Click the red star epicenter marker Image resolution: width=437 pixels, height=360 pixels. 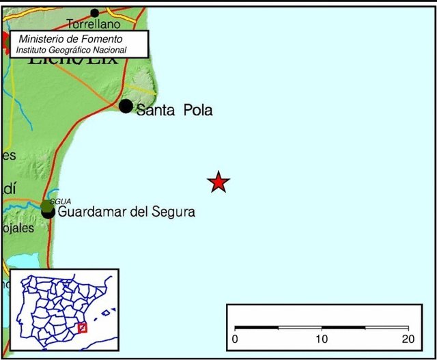pyautogui.click(x=218, y=182)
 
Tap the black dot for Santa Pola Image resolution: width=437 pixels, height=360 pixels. pyautogui.click(x=126, y=106)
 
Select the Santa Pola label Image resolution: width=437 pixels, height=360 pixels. pyautogui.click(x=174, y=110)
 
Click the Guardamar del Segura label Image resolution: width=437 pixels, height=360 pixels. pyautogui.click(x=126, y=212)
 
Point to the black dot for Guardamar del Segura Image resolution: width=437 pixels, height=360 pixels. pyautogui.click(x=48, y=212)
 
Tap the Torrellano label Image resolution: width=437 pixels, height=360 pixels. pyautogui.click(x=94, y=25)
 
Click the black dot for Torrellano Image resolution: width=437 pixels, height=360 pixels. pyautogui.click(x=95, y=12)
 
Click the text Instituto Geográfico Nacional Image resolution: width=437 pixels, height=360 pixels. pyautogui.click(x=71, y=50)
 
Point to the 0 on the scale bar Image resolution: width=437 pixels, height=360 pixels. pyautogui.click(x=235, y=340)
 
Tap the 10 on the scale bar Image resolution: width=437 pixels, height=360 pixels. pyautogui.click(x=322, y=340)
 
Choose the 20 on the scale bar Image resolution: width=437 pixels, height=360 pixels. pyautogui.click(x=408, y=340)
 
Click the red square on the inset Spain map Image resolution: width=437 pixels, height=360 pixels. pyautogui.click(x=83, y=327)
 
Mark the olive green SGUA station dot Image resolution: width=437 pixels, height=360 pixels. pyautogui.click(x=46, y=205)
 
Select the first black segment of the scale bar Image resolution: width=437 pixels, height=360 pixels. pyautogui.click(x=257, y=328)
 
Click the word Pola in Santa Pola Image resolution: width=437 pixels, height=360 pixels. pyautogui.click(x=197, y=110)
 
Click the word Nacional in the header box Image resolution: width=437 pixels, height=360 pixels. pyautogui.click(x=109, y=50)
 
